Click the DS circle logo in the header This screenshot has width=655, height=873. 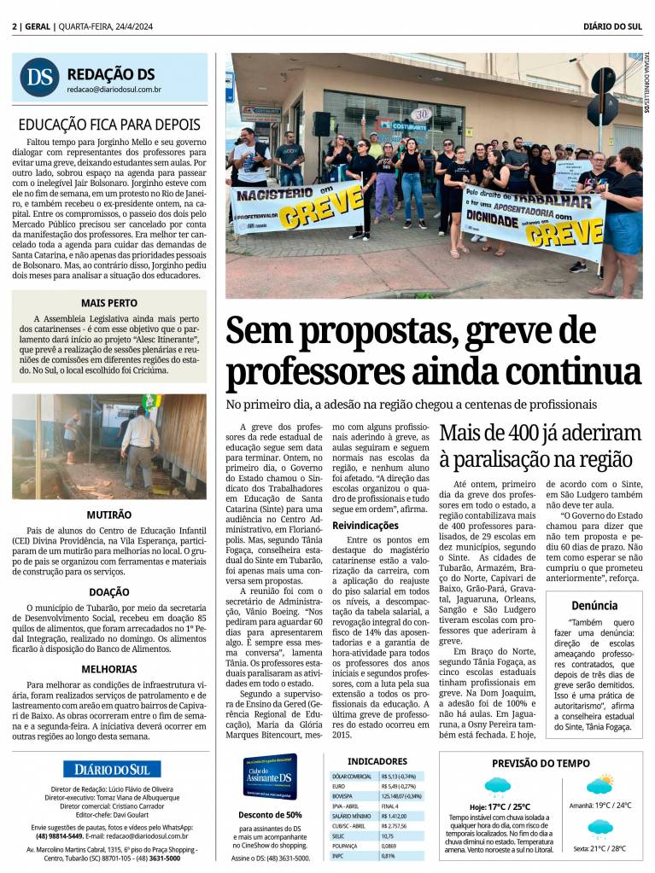[38, 77]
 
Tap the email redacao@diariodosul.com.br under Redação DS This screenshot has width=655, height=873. [114, 89]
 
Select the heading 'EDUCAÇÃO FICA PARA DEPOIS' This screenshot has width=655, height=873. [109, 125]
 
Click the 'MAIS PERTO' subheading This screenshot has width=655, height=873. [109, 303]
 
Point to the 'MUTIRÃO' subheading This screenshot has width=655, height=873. [109, 515]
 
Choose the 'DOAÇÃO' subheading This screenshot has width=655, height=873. [109, 591]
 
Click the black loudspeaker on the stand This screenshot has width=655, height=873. [321, 125]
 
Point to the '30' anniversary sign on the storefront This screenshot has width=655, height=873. [421, 113]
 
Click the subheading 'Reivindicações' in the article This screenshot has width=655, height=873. [365, 526]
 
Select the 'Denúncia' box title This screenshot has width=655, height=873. [594, 605]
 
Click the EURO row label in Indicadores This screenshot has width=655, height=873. [340, 786]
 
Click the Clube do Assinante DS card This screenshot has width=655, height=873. [270, 776]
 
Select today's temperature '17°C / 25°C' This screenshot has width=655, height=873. [500, 806]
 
